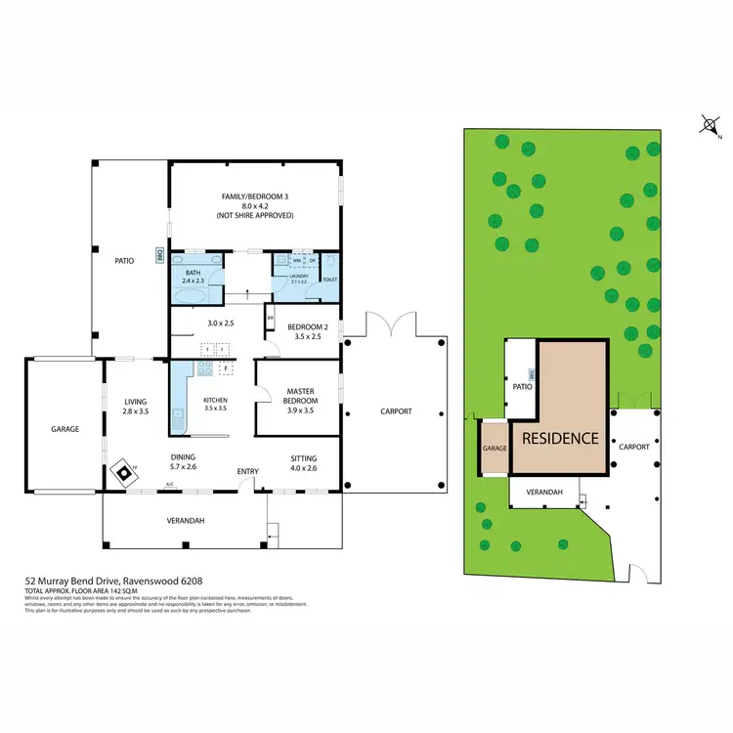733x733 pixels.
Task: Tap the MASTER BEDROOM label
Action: tap(301, 396)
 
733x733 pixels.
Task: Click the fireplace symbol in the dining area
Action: tap(124, 473)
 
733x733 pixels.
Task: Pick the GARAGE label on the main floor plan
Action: tap(65, 429)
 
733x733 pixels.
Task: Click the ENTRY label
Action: tap(248, 472)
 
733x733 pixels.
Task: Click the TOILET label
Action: tap(329, 279)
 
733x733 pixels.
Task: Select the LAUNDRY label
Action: tap(298, 276)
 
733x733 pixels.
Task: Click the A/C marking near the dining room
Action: tap(169, 485)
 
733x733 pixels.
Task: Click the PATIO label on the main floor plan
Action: tap(124, 261)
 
